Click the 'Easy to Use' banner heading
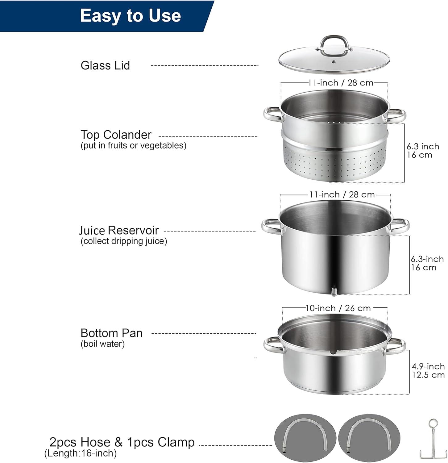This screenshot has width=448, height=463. point(130,15)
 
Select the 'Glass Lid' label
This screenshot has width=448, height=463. point(105,65)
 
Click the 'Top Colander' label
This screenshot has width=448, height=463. point(116,135)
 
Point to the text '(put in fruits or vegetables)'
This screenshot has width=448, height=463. point(133,145)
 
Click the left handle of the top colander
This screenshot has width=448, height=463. point(272,114)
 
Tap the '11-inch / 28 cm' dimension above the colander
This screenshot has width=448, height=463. point(341,83)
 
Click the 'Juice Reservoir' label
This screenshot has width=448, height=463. point(119,231)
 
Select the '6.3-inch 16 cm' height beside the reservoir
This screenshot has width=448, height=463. point(427,263)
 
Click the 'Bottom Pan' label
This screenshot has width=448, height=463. point(111,333)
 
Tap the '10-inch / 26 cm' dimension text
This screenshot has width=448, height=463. point(338,308)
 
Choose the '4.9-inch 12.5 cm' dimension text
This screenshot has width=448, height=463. point(428,371)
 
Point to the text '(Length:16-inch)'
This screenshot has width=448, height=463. point(81,453)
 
